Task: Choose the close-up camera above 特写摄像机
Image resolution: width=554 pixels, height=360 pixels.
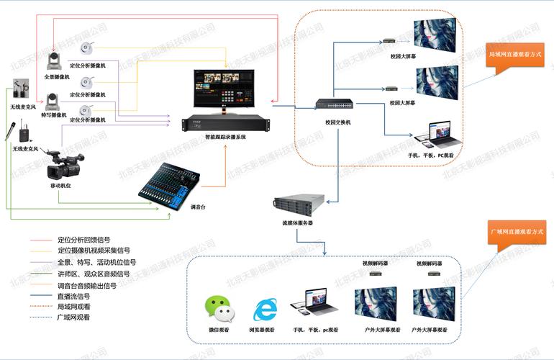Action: [x=55, y=99]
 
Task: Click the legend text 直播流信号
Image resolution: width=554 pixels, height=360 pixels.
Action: [x=73, y=295]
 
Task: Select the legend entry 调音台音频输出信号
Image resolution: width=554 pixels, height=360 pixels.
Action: [x=86, y=284]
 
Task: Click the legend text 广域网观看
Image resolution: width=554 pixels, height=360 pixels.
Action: [x=73, y=318]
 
